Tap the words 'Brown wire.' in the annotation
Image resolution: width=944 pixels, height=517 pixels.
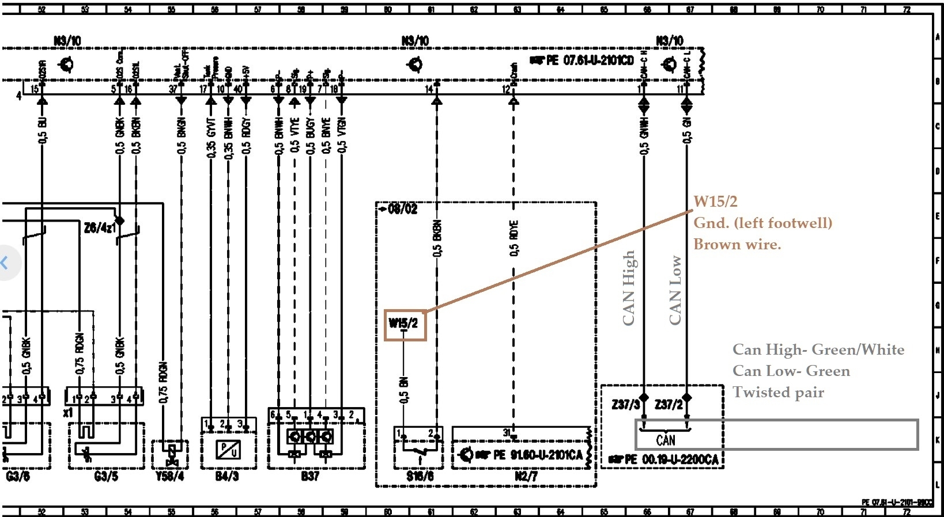click(x=737, y=245)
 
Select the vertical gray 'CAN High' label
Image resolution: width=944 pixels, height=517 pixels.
click(x=629, y=288)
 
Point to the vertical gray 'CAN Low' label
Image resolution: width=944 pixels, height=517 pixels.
click(x=675, y=290)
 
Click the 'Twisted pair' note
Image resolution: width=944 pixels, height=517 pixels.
click(x=778, y=393)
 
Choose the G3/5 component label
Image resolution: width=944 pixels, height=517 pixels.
click(x=106, y=477)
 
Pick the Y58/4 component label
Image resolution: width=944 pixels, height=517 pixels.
click(x=169, y=477)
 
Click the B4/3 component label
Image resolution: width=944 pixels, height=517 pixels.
click(x=226, y=477)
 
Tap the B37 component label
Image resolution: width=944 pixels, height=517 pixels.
click(x=309, y=477)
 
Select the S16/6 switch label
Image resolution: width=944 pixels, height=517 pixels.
click(x=420, y=477)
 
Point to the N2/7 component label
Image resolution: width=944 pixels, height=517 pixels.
click(x=526, y=477)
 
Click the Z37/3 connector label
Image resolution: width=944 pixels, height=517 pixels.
click(x=625, y=405)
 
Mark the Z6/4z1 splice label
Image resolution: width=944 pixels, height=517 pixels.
click(x=99, y=228)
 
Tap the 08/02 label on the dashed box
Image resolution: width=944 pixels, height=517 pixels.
click(x=402, y=209)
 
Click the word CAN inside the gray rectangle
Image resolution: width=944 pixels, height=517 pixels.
click(x=666, y=440)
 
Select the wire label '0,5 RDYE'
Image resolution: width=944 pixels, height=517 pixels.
click(x=514, y=238)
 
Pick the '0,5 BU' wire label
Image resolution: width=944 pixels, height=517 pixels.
click(x=42, y=130)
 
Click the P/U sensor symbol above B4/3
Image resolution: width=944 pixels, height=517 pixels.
click(x=228, y=449)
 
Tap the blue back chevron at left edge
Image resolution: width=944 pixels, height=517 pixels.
click(x=5, y=263)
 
